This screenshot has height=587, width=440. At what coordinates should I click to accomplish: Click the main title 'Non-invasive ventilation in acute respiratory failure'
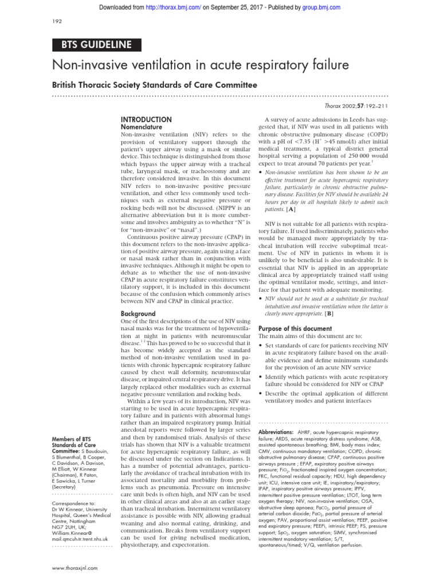pos(201,65)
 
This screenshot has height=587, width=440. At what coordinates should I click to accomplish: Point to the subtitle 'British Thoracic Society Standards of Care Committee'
pos(155,85)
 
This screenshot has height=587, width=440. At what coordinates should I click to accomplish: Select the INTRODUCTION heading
pos(146,119)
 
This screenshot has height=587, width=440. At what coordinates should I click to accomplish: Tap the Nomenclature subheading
pos(143,127)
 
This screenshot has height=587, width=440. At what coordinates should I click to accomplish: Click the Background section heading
pos(138,314)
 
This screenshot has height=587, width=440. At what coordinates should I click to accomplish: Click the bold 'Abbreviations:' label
pos(276,431)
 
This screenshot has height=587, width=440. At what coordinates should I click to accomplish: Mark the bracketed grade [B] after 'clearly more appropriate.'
pos(329,314)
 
